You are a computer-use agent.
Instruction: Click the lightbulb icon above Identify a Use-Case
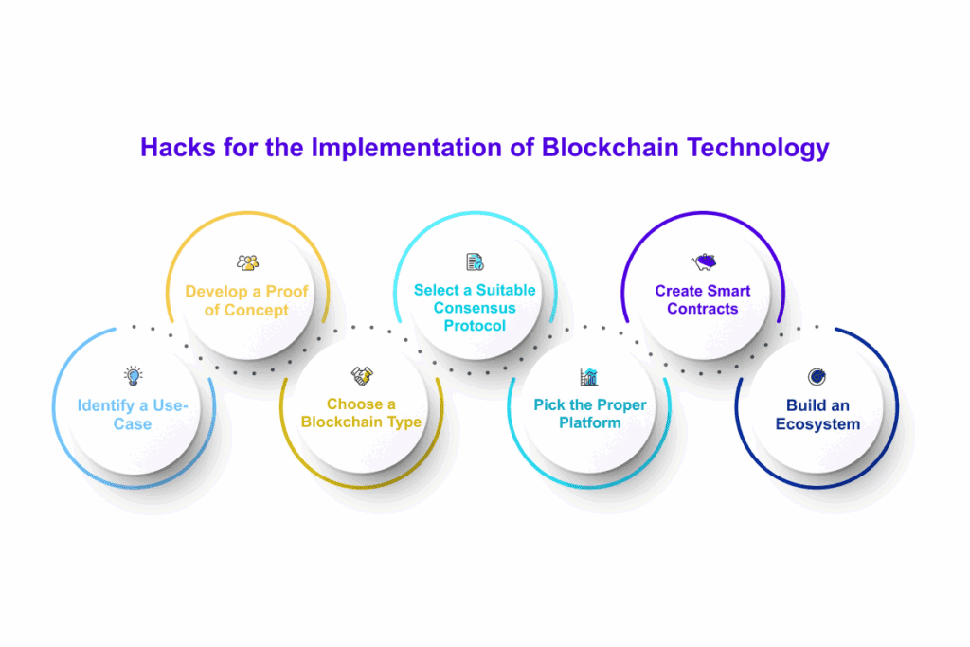pos(133,376)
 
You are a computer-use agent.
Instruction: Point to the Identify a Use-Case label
pos(133,415)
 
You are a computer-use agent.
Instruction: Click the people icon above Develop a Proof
pos(247,262)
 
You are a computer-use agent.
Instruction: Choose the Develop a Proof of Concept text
pos(246,300)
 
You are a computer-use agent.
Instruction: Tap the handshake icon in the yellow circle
pos(362,376)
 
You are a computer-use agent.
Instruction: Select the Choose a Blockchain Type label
pos(361,413)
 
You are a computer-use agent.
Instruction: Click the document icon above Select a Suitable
pos(475,262)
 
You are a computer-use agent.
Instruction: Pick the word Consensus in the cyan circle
pos(475,308)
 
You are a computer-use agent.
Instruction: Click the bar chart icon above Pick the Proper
pos(589,377)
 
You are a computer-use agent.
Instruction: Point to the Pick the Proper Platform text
pos(589,413)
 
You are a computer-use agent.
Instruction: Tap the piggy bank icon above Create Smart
pos(703,262)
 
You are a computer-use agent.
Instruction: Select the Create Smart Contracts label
pos(702,299)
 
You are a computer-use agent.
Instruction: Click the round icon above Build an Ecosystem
pos(817,377)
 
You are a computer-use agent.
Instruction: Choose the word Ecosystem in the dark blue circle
pos(817,423)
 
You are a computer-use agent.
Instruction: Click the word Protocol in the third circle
pos(475,326)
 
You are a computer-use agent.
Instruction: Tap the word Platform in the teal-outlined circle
pos(589,422)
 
